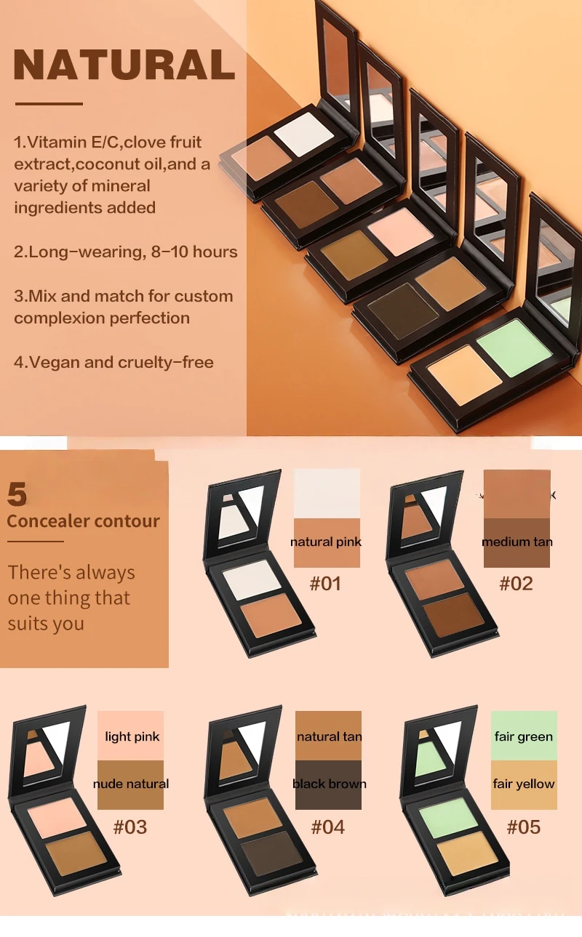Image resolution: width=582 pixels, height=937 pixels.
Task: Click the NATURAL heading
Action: (x=124, y=65)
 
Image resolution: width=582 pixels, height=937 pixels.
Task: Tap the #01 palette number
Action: (x=325, y=583)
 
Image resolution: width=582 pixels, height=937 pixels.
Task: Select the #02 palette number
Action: (x=517, y=583)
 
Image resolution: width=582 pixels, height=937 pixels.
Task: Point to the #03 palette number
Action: (x=131, y=827)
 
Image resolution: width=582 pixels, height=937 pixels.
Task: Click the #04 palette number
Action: (x=328, y=827)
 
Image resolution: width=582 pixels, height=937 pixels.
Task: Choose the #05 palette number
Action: (x=524, y=827)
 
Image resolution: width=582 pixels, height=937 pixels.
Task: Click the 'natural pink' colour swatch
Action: (x=327, y=542)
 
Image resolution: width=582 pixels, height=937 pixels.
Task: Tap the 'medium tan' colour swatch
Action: (x=517, y=542)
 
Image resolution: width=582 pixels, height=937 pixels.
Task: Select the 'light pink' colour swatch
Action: (x=131, y=736)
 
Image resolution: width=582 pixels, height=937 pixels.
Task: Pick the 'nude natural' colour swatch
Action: (x=131, y=784)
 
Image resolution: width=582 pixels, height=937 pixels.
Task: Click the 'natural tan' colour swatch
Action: (x=329, y=736)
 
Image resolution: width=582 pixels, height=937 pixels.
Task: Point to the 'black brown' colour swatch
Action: (x=329, y=784)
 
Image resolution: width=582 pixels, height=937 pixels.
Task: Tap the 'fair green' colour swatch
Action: (x=524, y=736)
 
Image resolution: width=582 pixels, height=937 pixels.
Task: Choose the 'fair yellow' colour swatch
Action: (x=524, y=784)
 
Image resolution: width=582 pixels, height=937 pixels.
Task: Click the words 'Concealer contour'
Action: (x=83, y=520)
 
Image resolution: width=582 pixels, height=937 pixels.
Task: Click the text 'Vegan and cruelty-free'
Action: (x=113, y=361)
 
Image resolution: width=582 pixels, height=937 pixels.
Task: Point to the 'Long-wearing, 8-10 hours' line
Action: (x=126, y=252)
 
